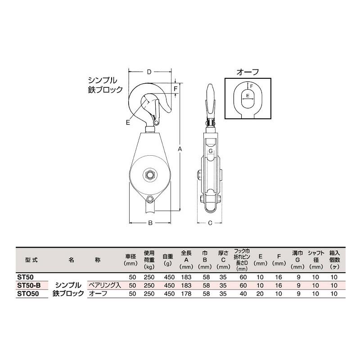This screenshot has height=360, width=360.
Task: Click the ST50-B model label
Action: pos(29,285)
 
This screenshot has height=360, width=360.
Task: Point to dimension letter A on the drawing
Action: pos(180,149)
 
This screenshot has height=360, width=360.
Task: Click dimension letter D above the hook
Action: pos(149,72)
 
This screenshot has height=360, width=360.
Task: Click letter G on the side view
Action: pos(210,152)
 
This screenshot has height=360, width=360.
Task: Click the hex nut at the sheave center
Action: pos(149,175)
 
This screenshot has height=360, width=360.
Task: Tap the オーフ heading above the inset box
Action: pos(248,72)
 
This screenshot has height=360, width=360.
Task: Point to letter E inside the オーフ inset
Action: pos(247,95)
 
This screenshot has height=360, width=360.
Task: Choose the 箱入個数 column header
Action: pos(334,260)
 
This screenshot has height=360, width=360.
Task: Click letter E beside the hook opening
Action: pos(128,122)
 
